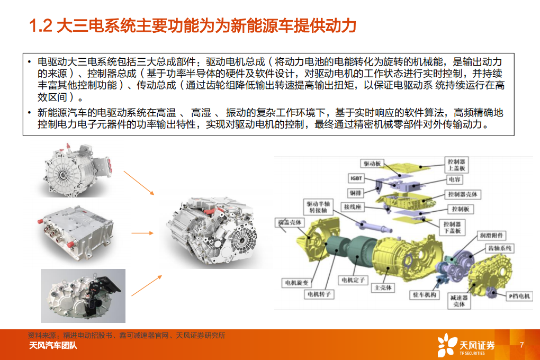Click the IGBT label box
coord(356,178)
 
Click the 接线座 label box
coord(352,206)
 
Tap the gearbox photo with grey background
coord(83,295)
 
